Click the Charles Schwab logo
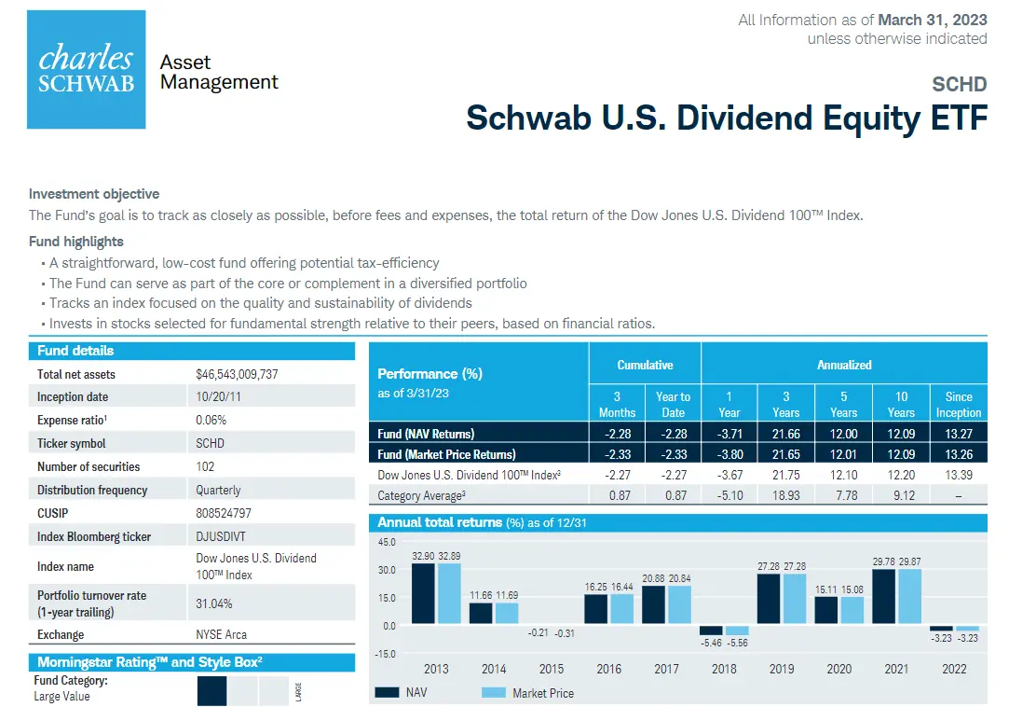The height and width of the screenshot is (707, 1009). coord(87,70)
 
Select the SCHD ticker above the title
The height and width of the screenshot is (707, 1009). coord(960,85)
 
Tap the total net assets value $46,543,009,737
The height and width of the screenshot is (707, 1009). coord(237,374)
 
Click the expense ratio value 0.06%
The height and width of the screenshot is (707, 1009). coord(211,421)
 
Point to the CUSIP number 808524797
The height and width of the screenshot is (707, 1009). coord(224,513)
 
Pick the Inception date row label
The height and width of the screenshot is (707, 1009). coord(73,397)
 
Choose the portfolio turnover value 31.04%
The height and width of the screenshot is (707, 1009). coord(214,603)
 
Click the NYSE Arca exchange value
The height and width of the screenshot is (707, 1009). coord(222,635)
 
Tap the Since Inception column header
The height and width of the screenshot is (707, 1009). coord(958,405)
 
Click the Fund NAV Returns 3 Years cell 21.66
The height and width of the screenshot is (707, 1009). coord(785,434)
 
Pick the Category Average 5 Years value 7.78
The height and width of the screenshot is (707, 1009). coord(847,495)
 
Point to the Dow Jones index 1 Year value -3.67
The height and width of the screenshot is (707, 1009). coord(729,475)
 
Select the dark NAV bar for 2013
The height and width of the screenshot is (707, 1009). coord(423,593)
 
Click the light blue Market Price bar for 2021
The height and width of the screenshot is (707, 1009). coord(910,596)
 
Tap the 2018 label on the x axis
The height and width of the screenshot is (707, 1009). coord(724,669)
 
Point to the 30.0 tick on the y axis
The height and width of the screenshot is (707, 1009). coord(387,570)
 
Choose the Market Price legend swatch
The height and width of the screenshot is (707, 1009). coord(494,693)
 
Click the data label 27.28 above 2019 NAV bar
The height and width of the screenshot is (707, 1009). coord(769,566)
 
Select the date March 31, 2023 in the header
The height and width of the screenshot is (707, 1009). coord(933,20)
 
